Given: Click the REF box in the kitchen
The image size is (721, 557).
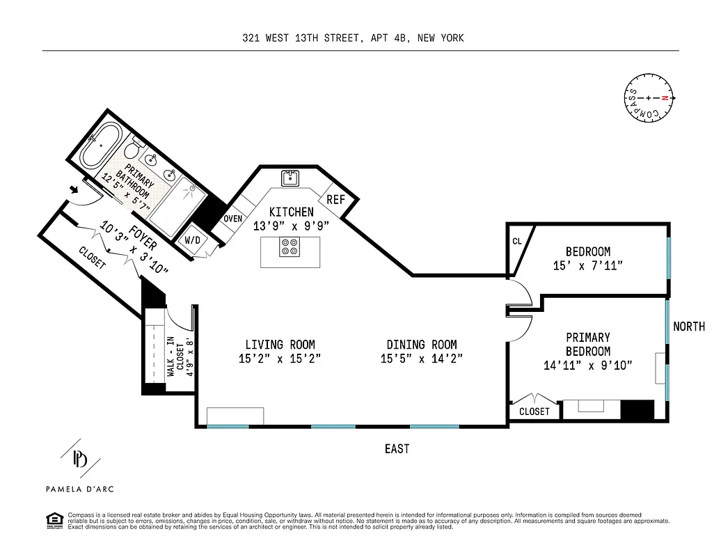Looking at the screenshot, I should point(336,199).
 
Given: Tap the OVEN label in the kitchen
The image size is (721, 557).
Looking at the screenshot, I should point(232,219).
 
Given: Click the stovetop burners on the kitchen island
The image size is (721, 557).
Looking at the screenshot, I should point(290,248).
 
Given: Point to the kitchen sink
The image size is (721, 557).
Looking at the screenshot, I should point(290,178).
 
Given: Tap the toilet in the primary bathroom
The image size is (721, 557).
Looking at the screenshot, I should point(132,148).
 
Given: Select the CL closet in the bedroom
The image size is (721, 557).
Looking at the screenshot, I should point(517,242).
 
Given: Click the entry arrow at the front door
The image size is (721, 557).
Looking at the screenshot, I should point(74,189).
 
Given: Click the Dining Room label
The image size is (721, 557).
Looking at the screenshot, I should point(422,345).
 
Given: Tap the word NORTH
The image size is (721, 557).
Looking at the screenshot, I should point(689,327).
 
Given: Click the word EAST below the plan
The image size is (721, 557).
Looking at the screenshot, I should point(397,449).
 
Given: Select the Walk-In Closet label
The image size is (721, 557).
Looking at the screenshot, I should point(177,355).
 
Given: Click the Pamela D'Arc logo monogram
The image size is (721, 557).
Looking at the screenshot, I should point(81,460).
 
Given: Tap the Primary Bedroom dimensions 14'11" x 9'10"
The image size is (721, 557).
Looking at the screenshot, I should point(587,366).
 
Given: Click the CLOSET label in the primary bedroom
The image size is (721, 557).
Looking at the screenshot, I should point(534,411).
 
